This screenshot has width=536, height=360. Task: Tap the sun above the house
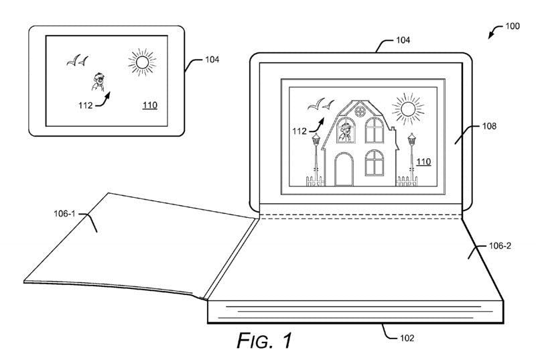[407, 108]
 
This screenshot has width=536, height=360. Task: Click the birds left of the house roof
[320, 105]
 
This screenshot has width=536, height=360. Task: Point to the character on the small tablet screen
[98, 82]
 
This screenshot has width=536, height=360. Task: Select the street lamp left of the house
[315, 158]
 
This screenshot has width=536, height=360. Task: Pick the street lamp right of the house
[411, 158]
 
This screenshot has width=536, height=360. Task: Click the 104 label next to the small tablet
[211, 60]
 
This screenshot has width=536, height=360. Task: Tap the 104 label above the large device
[402, 40]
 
